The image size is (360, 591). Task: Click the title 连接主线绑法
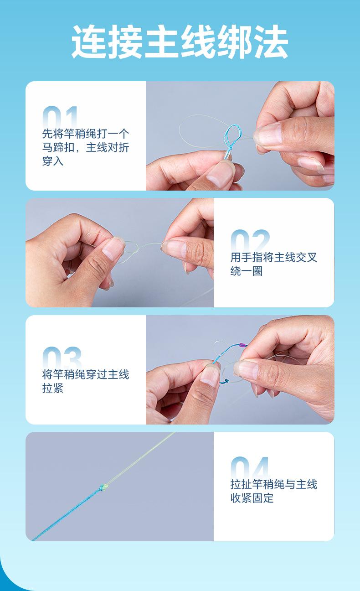(x=180, y=41)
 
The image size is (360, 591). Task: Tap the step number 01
(x=60, y=117)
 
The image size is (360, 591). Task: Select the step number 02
(x=250, y=240)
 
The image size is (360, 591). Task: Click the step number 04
(x=250, y=467)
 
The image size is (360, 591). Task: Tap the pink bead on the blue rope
(x=242, y=345)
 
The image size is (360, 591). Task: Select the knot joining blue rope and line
(x=103, y=487)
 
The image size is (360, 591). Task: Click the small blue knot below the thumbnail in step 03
(x=226, y=381)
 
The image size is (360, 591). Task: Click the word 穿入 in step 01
(x=53, y=161)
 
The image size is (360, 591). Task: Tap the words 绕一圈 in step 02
(x=247, y=271)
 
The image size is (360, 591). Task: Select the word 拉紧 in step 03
(x=53, y=388)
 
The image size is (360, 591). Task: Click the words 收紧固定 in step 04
(x=252, y=498)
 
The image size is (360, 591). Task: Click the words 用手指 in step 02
(x=247, y=257)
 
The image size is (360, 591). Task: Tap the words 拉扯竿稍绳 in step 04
(x=257, y=484)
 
